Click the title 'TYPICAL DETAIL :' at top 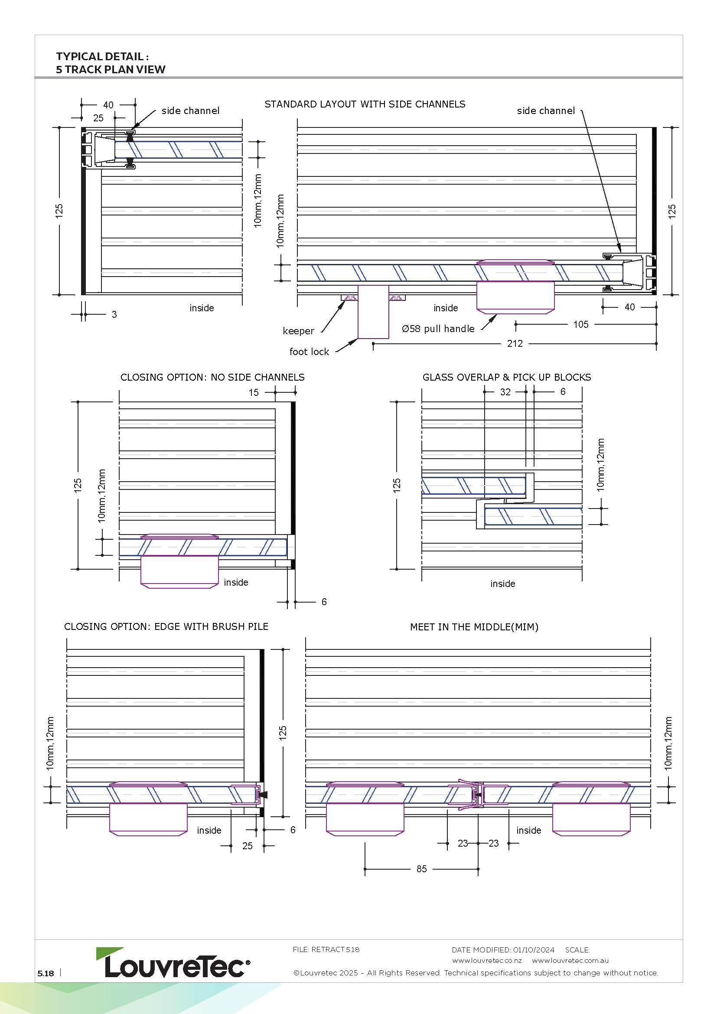(102, 56)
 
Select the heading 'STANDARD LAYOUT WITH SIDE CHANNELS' (365, 104)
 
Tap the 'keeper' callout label (298, 331)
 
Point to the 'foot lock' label (309, 352)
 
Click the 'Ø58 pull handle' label (438, 329)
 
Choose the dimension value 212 (515, 344)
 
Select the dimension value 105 (580, 325)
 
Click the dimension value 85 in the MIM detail (422, 869)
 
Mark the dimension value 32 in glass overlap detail (505, 392)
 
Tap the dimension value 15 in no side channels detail (254, 392)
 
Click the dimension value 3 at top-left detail (114, 314)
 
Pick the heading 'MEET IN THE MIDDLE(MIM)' (474, 627)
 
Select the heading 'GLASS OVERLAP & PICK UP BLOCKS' (506, 377)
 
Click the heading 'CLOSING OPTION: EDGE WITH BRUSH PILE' (166, 627)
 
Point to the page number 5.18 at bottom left (46, 973)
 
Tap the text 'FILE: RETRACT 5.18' (326, 949)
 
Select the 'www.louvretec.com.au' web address (570, 961)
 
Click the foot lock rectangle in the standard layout (373, 312)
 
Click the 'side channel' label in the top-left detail (190, 111)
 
